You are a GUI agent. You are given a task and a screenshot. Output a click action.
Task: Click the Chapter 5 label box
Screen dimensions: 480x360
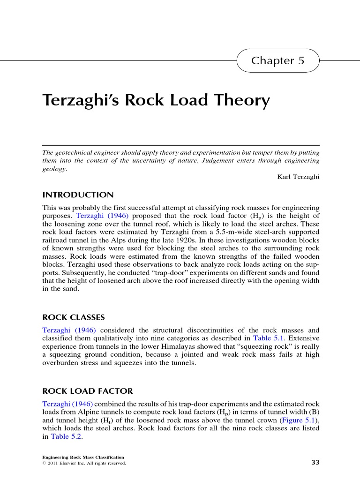pyautogui.click(x=278, y=60)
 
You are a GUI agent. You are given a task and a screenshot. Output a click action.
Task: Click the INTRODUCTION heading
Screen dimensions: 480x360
pyautogui.click(x=78, y=195)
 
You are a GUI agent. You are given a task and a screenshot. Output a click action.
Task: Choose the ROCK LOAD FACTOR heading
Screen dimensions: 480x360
pyautogui.click(x=88, y=391)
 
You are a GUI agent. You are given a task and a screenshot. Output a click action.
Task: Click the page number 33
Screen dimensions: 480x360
pyautogui.click(x=315, y=463)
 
